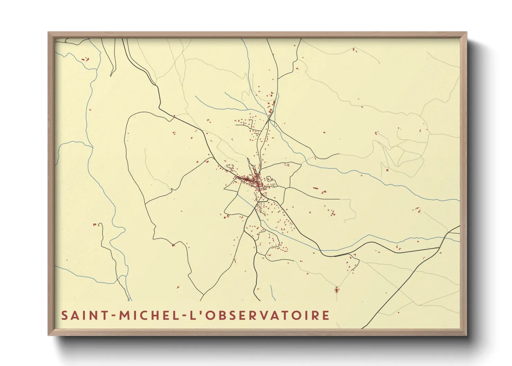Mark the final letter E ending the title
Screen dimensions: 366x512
tap(326, 315)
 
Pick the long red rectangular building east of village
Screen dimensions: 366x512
tap(315, 188)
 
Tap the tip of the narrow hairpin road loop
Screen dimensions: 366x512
tap(111, 75)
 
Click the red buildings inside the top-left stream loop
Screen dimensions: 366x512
tap(85, 59)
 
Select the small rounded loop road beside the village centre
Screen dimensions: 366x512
tap(270, 180)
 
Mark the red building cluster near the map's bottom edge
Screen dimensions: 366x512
tap(337, 289)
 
